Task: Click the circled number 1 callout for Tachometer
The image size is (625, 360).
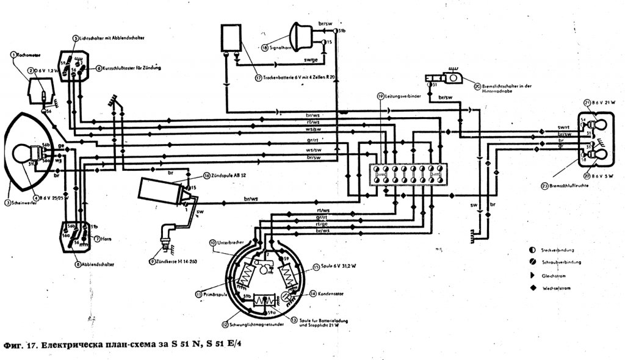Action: click(12, 55)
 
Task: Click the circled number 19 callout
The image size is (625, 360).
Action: click(380, 96)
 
